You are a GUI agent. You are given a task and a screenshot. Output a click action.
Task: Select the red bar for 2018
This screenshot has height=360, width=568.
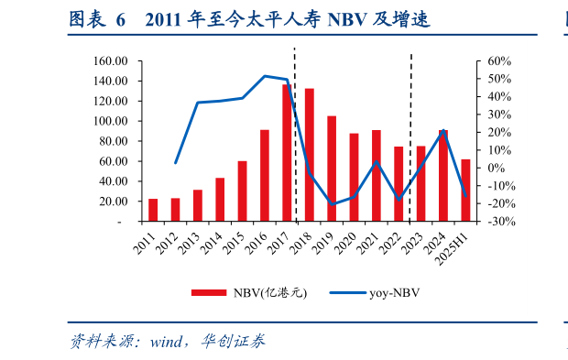[310, 155]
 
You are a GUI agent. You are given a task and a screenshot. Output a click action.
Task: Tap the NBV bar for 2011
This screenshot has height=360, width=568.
[153, 210]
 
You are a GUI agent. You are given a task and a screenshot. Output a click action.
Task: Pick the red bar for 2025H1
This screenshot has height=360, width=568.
[465, 191]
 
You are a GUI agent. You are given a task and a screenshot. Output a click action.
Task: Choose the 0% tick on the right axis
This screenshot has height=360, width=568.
[495, 168]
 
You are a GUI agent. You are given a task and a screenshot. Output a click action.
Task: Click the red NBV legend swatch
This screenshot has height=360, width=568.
[209, 293]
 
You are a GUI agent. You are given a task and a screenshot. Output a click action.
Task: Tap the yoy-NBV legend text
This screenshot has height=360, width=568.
[395, 293]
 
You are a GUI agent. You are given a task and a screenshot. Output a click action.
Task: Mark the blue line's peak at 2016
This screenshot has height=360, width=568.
[265, 76]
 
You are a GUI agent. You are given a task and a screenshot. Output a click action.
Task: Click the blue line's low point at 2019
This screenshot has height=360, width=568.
[332, 204]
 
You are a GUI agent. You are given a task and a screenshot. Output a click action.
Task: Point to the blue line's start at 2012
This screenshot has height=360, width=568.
[176, 162]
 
